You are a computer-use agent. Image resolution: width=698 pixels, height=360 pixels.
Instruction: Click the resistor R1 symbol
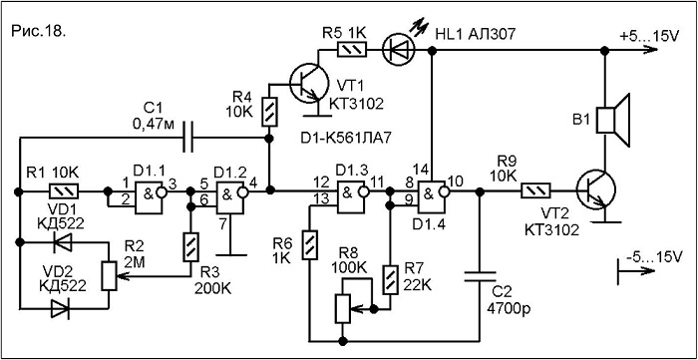pyautogui.click(x=65, y=191)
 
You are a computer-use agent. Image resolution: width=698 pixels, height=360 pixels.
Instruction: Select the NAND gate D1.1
pyautogui.click(x=149, y=191)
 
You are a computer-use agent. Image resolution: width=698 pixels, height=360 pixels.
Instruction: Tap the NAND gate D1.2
pyautogui.click(x=231, y=191)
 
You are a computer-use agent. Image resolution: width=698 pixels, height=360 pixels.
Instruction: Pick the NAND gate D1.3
pyautogui.click(x=352, y=191)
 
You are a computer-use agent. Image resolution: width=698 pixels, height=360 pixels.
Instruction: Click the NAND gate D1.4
pyautogui.click(x=433, y=191)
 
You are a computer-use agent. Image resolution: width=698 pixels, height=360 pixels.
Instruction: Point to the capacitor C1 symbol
pyautogui.click(x=190, y=138)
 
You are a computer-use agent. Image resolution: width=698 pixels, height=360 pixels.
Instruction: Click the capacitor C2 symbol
pyautogui.click(x=480, y=276)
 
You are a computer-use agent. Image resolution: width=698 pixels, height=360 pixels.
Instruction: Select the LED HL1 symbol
pyautogui.click(x=397, y=50)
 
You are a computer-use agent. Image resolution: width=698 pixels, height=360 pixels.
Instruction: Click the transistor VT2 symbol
pyautogui.click(x=595, y=190)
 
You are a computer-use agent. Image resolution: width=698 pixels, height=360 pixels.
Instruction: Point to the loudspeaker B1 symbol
pyautogui.click(x=612, y=120)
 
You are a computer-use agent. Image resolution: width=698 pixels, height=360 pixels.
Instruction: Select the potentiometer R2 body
pyautogui.click(x=109, y=276)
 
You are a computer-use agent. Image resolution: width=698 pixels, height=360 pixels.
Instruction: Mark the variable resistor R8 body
pyautogui.click(x=343, y=308)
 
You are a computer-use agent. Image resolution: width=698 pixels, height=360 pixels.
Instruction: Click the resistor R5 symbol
pyautogui.click(x=353, y=50)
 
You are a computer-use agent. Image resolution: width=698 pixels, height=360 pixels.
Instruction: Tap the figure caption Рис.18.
pyautogui.click(x=38, y=31)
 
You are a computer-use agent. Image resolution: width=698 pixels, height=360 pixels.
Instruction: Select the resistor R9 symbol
pyautogui.click(x=535, y=191)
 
